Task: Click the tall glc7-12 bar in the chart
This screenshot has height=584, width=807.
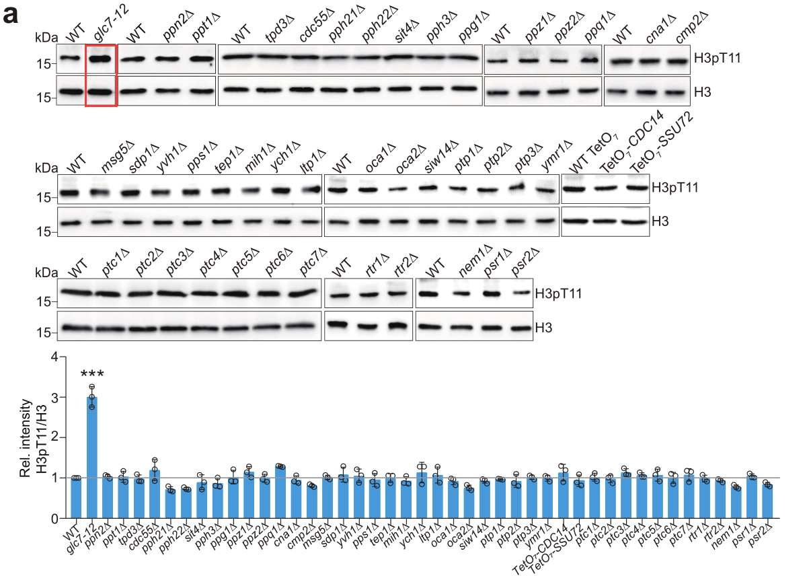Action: click(91, 458)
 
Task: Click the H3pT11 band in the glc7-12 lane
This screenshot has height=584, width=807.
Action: click(101, 59)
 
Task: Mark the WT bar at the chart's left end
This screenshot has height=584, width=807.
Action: click(76, 498)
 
